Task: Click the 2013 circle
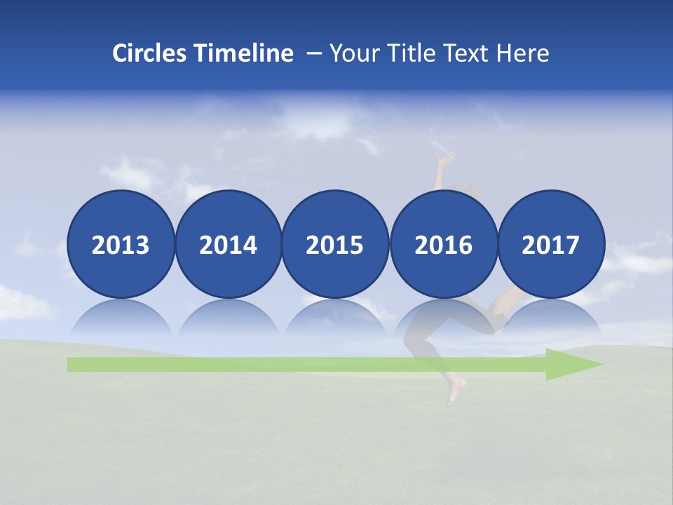coord(121,244)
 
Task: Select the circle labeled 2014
coord(228,244)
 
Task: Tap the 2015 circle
coord(335,244)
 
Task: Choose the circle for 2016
coord(443,244)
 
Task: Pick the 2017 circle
coord(551,244)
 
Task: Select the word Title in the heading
coord(409,53)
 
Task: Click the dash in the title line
coord(313,53)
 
